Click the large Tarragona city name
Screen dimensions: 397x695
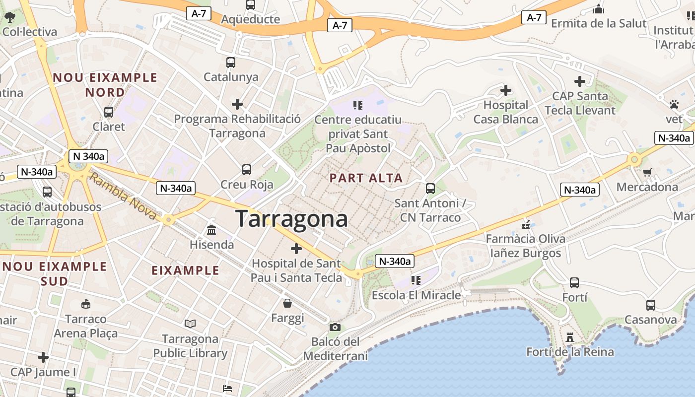click(x=291, y=219)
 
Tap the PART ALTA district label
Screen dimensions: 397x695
click(x=366, y=178)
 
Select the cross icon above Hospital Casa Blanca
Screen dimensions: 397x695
click(x=506, y=90)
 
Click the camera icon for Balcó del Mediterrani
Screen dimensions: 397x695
click(x=335, y=327)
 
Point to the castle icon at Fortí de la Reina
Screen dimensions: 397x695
click(x=570, y=338)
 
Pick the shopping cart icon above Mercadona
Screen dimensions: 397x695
click(x=647, y=173)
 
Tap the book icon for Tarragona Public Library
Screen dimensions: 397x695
click(x=190, y=324)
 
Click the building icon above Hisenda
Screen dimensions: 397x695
click(x=211, y=230)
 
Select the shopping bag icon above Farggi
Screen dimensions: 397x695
click(x=287, y=303)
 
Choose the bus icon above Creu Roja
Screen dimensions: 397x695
click(x=247, y=170)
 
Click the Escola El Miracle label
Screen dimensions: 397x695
click(x=416, y=295)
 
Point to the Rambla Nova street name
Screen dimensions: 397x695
click(x=124, y=198)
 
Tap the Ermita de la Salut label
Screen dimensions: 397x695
click(x=599, y=23)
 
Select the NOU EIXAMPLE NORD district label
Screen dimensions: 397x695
click(x=105, y=85)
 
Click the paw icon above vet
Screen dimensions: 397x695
click(x=674, y=104)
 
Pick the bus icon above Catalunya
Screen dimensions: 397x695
click(x=231, y=63)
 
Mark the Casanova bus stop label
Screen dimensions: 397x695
click(x=650, y=320)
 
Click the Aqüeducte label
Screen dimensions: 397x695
click(x=251, y=19)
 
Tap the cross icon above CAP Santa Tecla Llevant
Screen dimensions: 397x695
click(x=580, y=81)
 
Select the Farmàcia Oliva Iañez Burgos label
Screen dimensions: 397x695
click(x=525, y=246)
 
